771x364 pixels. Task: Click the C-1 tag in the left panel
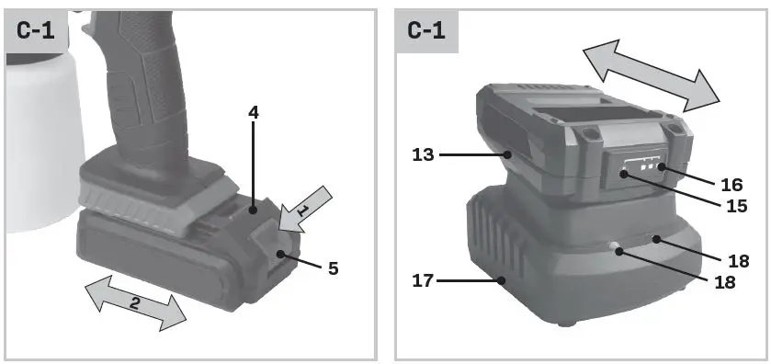tap(36, 30)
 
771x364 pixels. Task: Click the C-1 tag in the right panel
tap(426, 30)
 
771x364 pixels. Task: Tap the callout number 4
tap(254, 114)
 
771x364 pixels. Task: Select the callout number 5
tap(332, 268)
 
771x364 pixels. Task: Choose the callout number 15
tap(731, 207)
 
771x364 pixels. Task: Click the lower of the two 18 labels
tap(724, 282)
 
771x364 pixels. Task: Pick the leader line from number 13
tap(473, 155)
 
